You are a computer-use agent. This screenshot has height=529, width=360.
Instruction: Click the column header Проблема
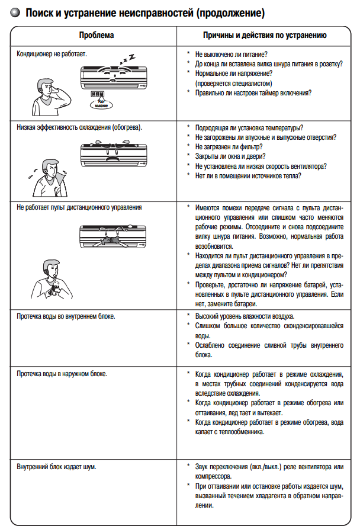(x=96, y=36)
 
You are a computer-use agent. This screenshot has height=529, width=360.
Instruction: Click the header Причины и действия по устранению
(x=264, y=36)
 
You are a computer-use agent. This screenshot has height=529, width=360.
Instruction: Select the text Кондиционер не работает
(x=52, y=54)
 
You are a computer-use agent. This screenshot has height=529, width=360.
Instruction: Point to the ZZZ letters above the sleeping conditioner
(x=128, y=57)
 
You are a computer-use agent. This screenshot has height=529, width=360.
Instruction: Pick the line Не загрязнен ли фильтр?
(x=229, y=146)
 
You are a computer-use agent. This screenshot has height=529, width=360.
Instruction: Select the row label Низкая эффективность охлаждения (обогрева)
(x=81, y=127)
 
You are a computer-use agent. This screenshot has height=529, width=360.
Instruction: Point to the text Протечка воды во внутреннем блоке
(x=66, y=316)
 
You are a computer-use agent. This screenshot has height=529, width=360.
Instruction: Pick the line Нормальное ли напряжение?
(x=229, y=73)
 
